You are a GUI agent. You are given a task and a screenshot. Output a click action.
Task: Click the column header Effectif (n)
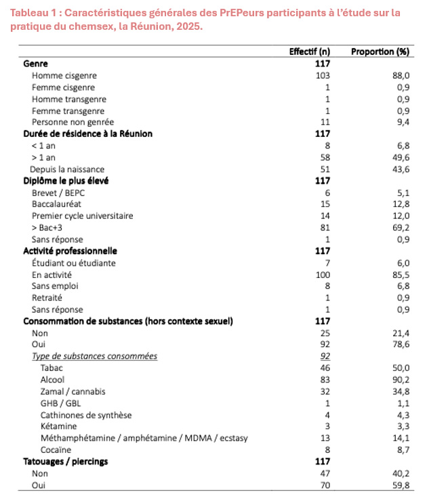tap(310, 52)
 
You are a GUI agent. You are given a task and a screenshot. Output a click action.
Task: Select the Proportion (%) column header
tap(380, 52)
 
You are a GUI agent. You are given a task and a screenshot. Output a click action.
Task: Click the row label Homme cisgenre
tap(64, 75)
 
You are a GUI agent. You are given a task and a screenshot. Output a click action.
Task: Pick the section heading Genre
tap(35, 63)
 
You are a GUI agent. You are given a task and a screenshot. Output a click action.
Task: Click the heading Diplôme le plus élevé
tap(66, 180)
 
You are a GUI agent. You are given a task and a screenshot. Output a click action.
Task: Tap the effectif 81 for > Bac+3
tap(324, 227)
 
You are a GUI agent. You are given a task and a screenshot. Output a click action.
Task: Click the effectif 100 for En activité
tap(322, 275)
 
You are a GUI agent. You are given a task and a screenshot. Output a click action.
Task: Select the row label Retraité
tap(47, 298)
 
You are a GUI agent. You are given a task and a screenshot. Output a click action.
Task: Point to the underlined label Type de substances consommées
tap(94, 356)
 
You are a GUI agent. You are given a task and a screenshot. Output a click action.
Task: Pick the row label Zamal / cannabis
tap(73, 391)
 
